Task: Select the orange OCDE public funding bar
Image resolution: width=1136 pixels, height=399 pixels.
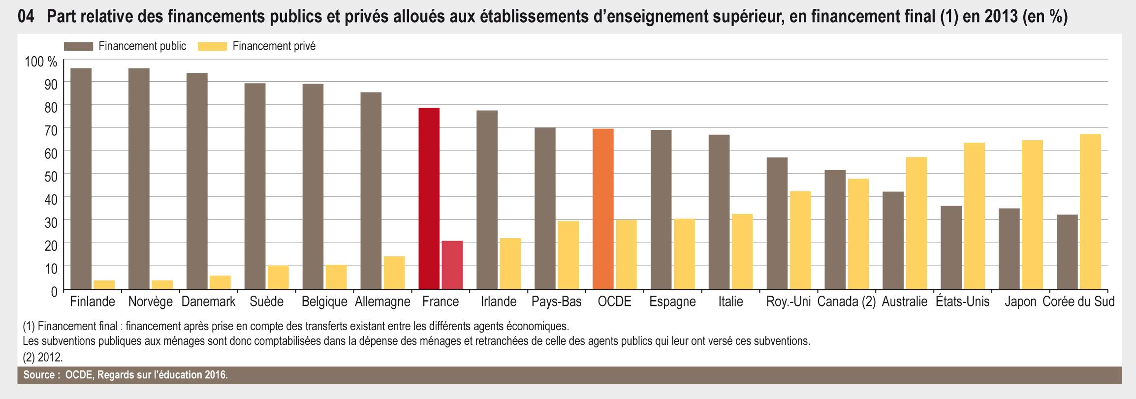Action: click(x=603, y=209)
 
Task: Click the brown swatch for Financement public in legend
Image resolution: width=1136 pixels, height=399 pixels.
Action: click(x=78, y=46)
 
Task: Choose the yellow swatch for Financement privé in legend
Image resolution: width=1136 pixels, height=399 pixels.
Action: click(x=212, y=46)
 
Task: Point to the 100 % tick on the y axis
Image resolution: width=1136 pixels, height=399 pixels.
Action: click(x=41, y=62)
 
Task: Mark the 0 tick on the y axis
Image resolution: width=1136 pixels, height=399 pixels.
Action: click(x=54, y=291)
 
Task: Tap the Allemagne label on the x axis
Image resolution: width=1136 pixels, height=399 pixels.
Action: click(x=382, y=302)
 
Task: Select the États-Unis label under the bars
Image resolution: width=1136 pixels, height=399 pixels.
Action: click(x=963, y=302)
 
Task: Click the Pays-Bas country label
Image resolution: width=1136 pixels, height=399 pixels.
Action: click(x=556, y=302)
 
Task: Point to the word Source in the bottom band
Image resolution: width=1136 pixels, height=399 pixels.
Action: click(x=38, y=375)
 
